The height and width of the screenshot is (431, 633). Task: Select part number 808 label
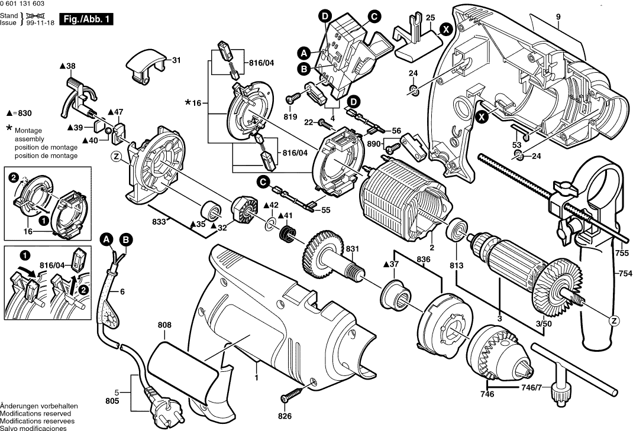point(164,325)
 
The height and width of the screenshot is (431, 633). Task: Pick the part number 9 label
point(557,18)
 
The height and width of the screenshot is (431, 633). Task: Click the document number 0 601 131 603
point(26,4)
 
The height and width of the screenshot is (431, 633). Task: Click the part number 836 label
point(423,259)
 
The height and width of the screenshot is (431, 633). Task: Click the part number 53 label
point(516,145)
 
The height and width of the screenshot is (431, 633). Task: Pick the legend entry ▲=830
point(19,112)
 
